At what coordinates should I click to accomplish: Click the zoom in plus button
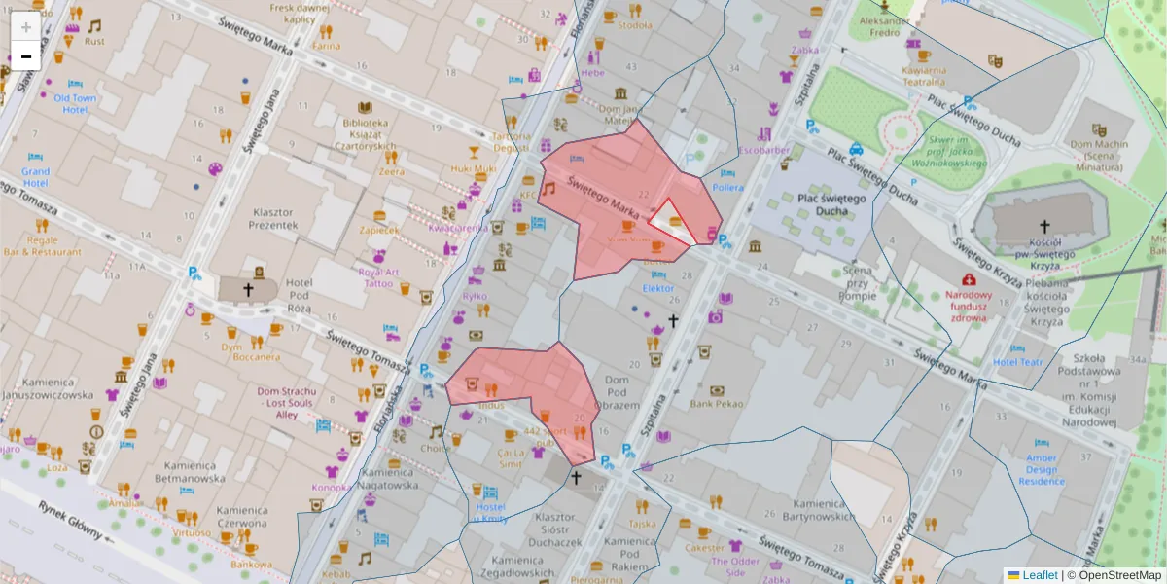tap(26, 27)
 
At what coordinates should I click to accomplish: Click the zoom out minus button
tap(26, 56)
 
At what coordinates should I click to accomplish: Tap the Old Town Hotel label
tap(75, 104)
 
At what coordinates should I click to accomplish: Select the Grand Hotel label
tap(36, 177)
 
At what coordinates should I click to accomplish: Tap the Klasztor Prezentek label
tap(273, 218)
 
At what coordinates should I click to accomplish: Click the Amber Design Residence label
tap(1041, 469)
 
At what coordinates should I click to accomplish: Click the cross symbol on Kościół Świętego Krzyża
tap(1044, 225)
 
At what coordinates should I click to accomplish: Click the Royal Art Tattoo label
tap(378, 277)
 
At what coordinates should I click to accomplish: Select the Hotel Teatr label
tap(1018, 362)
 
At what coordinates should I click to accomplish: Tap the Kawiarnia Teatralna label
tap(924, 76)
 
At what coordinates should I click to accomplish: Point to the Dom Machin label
tap(1099, 150)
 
